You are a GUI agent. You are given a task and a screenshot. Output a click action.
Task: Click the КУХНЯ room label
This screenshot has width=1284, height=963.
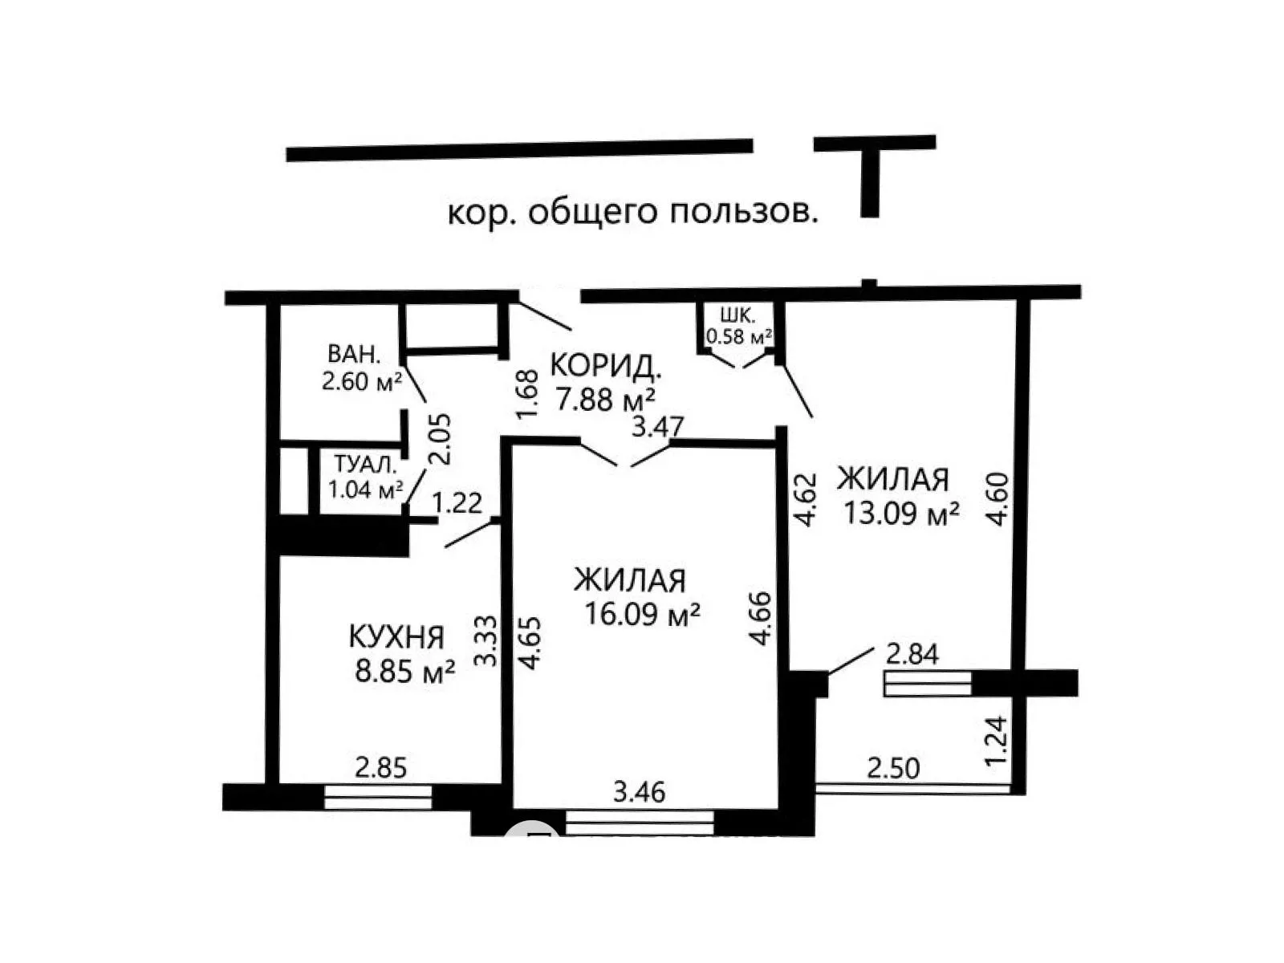396,636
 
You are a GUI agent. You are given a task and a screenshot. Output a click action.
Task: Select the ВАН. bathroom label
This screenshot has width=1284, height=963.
353,354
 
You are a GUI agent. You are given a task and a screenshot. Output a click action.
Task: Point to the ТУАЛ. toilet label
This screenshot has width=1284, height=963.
366,465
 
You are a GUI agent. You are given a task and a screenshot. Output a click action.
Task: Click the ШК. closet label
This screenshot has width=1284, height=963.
737,315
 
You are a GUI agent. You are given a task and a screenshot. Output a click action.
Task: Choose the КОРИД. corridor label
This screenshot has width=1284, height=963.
606,366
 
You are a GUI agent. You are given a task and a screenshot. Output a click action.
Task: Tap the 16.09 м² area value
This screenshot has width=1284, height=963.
642,613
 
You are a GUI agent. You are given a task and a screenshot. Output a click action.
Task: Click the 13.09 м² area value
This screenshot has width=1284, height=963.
901,513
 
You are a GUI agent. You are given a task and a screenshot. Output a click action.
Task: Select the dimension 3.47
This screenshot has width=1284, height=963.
658,426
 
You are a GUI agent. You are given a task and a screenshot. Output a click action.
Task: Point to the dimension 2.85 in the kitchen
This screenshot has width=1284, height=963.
381,768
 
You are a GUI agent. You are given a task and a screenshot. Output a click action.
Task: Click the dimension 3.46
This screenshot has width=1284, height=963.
640,792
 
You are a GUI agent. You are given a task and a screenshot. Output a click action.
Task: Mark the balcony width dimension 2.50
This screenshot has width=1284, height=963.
893,768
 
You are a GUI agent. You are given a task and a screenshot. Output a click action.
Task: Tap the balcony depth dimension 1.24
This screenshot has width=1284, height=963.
996,740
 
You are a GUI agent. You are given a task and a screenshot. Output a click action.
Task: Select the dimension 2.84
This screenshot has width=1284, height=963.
912,654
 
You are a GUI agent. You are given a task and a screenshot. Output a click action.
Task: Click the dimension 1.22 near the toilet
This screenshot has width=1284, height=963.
457,503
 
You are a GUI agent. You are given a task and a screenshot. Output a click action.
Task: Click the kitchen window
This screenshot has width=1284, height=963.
378,797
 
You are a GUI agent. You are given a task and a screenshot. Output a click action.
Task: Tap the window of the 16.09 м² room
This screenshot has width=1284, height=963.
640,823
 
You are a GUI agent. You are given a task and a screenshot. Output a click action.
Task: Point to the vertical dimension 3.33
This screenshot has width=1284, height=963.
486,640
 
